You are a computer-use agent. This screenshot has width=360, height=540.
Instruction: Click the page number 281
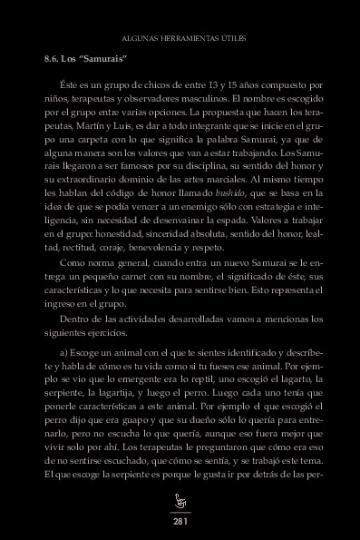(x=180, y=522)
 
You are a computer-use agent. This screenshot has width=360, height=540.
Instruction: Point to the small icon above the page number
(x=180, y=502)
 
